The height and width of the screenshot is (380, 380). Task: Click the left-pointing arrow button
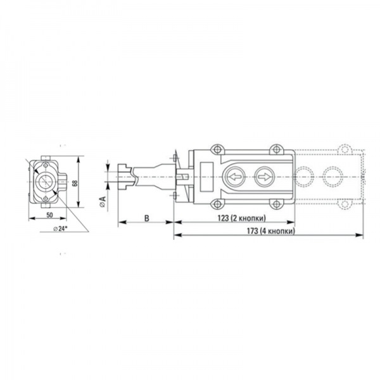pyautogui.click(x=234, y=177)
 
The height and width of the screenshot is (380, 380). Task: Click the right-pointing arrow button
pyautogui.click(x=264, y=177)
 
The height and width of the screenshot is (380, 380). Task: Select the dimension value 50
pyautogui.click(x=49, y=215)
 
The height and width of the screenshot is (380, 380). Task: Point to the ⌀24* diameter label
pyautogui.click(x=60, y=228)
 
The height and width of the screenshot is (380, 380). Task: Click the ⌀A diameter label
pyautogui.click(x=103, y=202)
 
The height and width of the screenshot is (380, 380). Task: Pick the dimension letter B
pyautogui.click(x=147, y=218)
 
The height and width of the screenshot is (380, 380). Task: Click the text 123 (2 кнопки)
pyautogui.click(x=242, y=218)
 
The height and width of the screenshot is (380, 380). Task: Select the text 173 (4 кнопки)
pyautogui.click(x=271, y=231)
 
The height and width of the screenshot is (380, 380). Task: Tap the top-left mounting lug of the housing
pyautogui.click(x=217, y=149)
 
